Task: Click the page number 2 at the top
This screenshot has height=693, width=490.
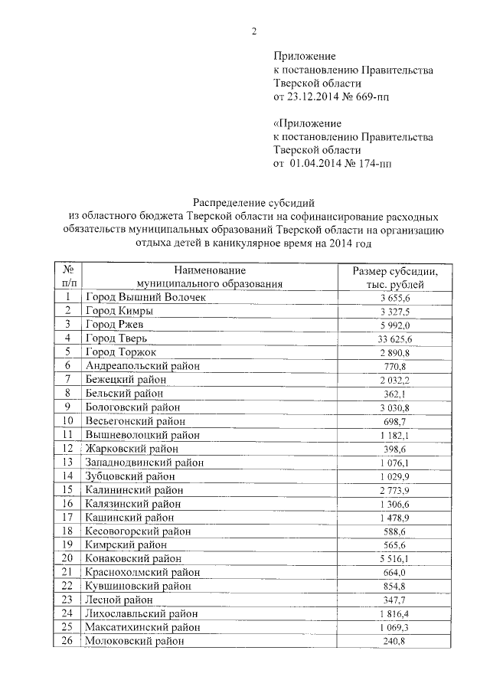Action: click(x=252, y=30)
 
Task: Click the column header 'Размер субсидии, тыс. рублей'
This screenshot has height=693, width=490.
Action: click(x=394, y=277)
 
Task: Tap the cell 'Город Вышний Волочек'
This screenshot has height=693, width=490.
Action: click(x=135, y=296)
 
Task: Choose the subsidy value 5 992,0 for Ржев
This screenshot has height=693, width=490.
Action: click(x=395, y=325)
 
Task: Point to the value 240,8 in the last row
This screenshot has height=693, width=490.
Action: click(x=395, y=642)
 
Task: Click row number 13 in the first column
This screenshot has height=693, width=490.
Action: click(x=68, y=463)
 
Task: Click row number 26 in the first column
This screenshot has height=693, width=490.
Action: click(x=68, y=642)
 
